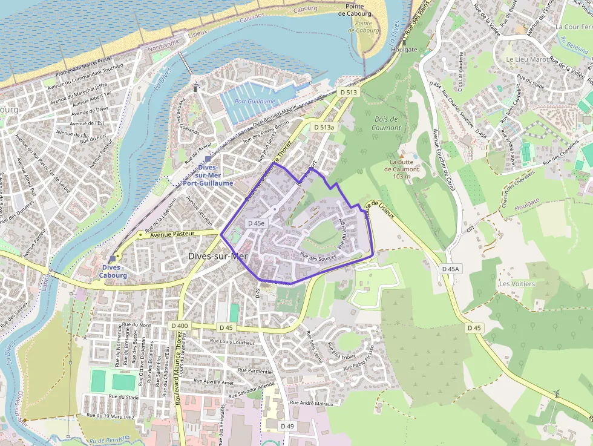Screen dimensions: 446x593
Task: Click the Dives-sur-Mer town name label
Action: tap(218, 256)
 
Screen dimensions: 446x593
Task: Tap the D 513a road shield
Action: tap(324, 127)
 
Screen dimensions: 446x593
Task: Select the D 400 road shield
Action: tap(179, 326)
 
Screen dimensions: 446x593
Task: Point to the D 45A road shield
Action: tap(450, 269)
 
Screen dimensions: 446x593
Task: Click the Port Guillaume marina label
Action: tap(255, 102)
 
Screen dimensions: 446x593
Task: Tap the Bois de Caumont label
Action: tap(386, 123)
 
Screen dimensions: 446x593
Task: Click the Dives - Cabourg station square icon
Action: tap(113, 258)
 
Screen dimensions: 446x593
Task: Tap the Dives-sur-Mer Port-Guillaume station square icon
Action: tap(208, 159)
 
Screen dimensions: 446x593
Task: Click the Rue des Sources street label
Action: tap(318, 258)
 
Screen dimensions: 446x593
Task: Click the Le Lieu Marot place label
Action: tap(527, 59)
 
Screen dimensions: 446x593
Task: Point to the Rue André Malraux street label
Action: tap(312, 402)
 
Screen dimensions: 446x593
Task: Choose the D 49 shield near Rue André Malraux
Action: tap(287, 426)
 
